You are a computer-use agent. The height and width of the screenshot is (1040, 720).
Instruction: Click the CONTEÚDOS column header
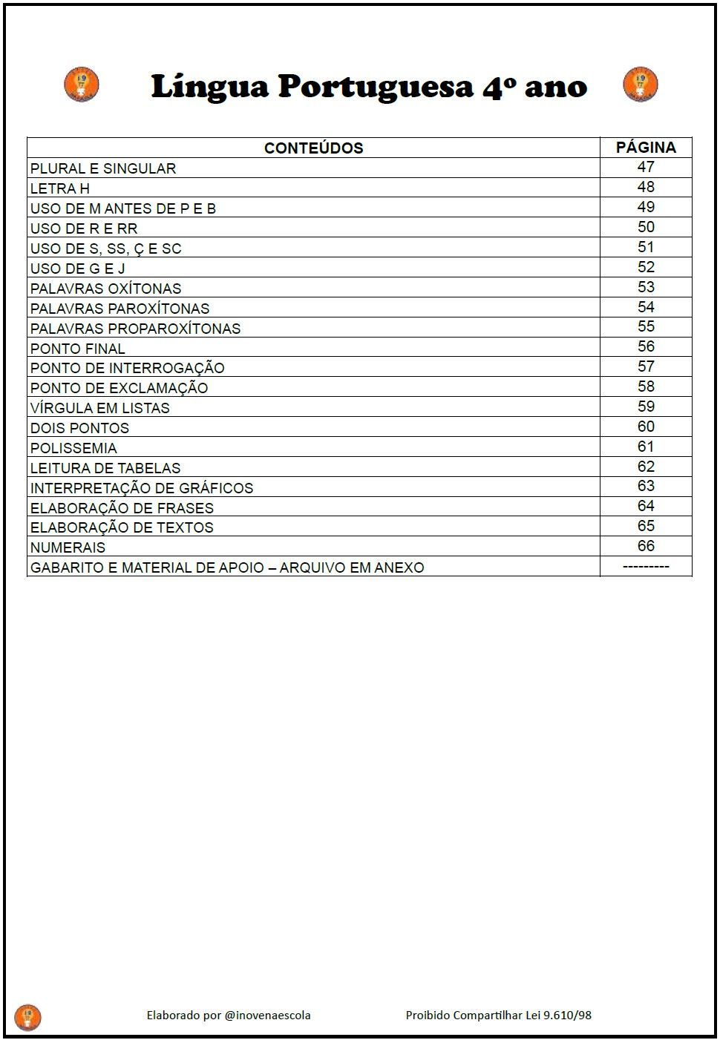313,148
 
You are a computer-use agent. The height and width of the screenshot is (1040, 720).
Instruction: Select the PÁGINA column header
646,147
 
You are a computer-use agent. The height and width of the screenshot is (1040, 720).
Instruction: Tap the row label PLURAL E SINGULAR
103,168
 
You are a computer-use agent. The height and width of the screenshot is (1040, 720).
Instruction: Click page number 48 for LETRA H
646,187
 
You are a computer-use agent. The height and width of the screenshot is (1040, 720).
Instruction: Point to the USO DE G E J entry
78,269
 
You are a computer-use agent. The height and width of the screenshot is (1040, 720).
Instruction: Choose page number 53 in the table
646,287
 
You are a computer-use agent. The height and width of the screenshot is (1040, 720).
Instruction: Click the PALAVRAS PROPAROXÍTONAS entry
136,329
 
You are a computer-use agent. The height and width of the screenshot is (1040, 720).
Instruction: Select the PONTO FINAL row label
78,349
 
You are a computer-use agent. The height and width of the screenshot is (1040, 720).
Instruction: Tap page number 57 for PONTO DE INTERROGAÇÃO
646,366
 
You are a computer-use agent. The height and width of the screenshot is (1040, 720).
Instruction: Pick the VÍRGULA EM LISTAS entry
100,408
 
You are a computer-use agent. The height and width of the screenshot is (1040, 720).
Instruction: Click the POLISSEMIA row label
73,448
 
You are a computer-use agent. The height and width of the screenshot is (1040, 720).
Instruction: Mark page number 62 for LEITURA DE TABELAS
646,467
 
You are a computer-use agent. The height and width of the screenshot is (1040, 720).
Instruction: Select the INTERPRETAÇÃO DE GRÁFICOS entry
142,488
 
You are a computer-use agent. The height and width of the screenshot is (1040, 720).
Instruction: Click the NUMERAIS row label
68,547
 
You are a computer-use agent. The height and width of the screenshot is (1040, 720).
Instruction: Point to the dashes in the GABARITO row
646,567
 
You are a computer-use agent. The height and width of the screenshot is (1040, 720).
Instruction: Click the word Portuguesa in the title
376,87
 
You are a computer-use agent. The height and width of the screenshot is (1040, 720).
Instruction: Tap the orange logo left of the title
82,84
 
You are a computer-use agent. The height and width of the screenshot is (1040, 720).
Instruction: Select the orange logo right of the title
640,84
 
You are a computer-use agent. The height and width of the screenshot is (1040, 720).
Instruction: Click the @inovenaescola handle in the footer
267,1015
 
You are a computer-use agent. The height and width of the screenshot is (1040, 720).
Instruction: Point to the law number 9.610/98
568,1015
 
